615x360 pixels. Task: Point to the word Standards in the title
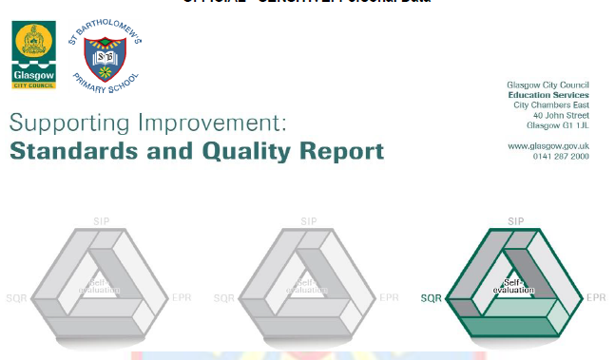point(68,151)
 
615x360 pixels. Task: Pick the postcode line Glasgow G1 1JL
point(558,125)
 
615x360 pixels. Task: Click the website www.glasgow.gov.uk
point(548,145)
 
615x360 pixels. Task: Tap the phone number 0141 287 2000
point(561,156)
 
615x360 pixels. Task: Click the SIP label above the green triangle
point(516,220)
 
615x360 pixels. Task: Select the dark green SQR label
point(431,297)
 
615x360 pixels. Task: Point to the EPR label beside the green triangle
point(596,297)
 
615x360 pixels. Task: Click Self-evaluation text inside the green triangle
point(516,284)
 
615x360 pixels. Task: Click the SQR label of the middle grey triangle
point(223,297)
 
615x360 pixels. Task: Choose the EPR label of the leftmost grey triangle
point(182,297)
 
